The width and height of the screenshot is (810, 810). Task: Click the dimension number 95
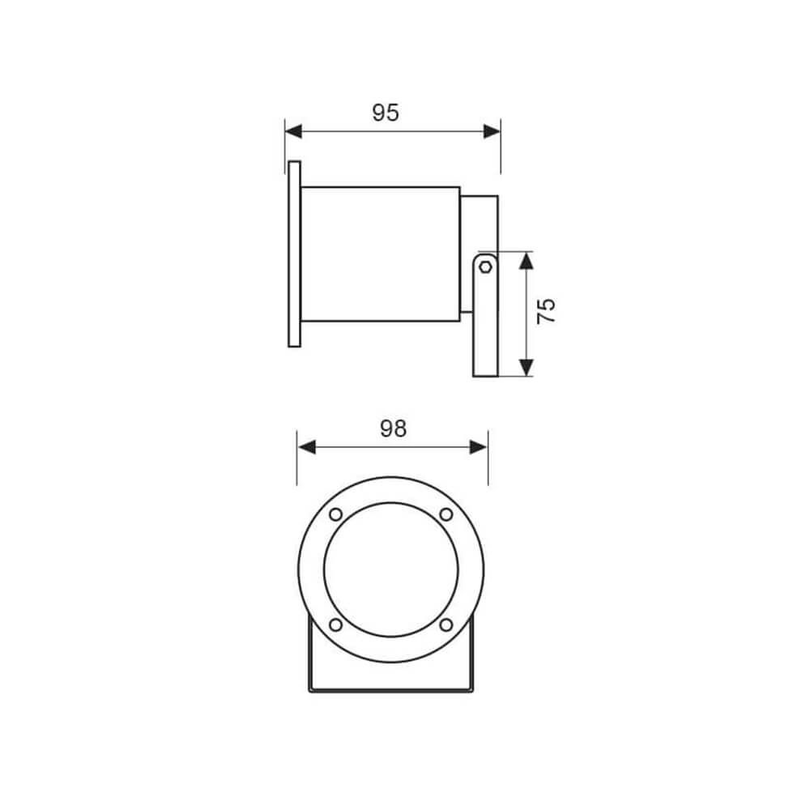386,113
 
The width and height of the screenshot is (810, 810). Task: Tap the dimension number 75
548,311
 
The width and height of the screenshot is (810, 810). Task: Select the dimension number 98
393,428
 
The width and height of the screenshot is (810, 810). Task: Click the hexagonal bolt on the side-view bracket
484,266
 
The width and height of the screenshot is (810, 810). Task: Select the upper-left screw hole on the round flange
335,514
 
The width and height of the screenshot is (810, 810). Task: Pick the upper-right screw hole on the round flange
446,514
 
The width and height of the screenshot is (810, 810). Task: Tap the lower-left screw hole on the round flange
335,625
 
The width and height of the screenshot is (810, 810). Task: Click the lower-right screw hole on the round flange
446,625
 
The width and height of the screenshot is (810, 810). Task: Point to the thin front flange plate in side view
294,254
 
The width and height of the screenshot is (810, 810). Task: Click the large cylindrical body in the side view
381,254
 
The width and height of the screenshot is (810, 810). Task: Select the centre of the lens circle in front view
390,569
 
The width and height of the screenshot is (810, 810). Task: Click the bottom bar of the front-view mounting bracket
390,690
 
